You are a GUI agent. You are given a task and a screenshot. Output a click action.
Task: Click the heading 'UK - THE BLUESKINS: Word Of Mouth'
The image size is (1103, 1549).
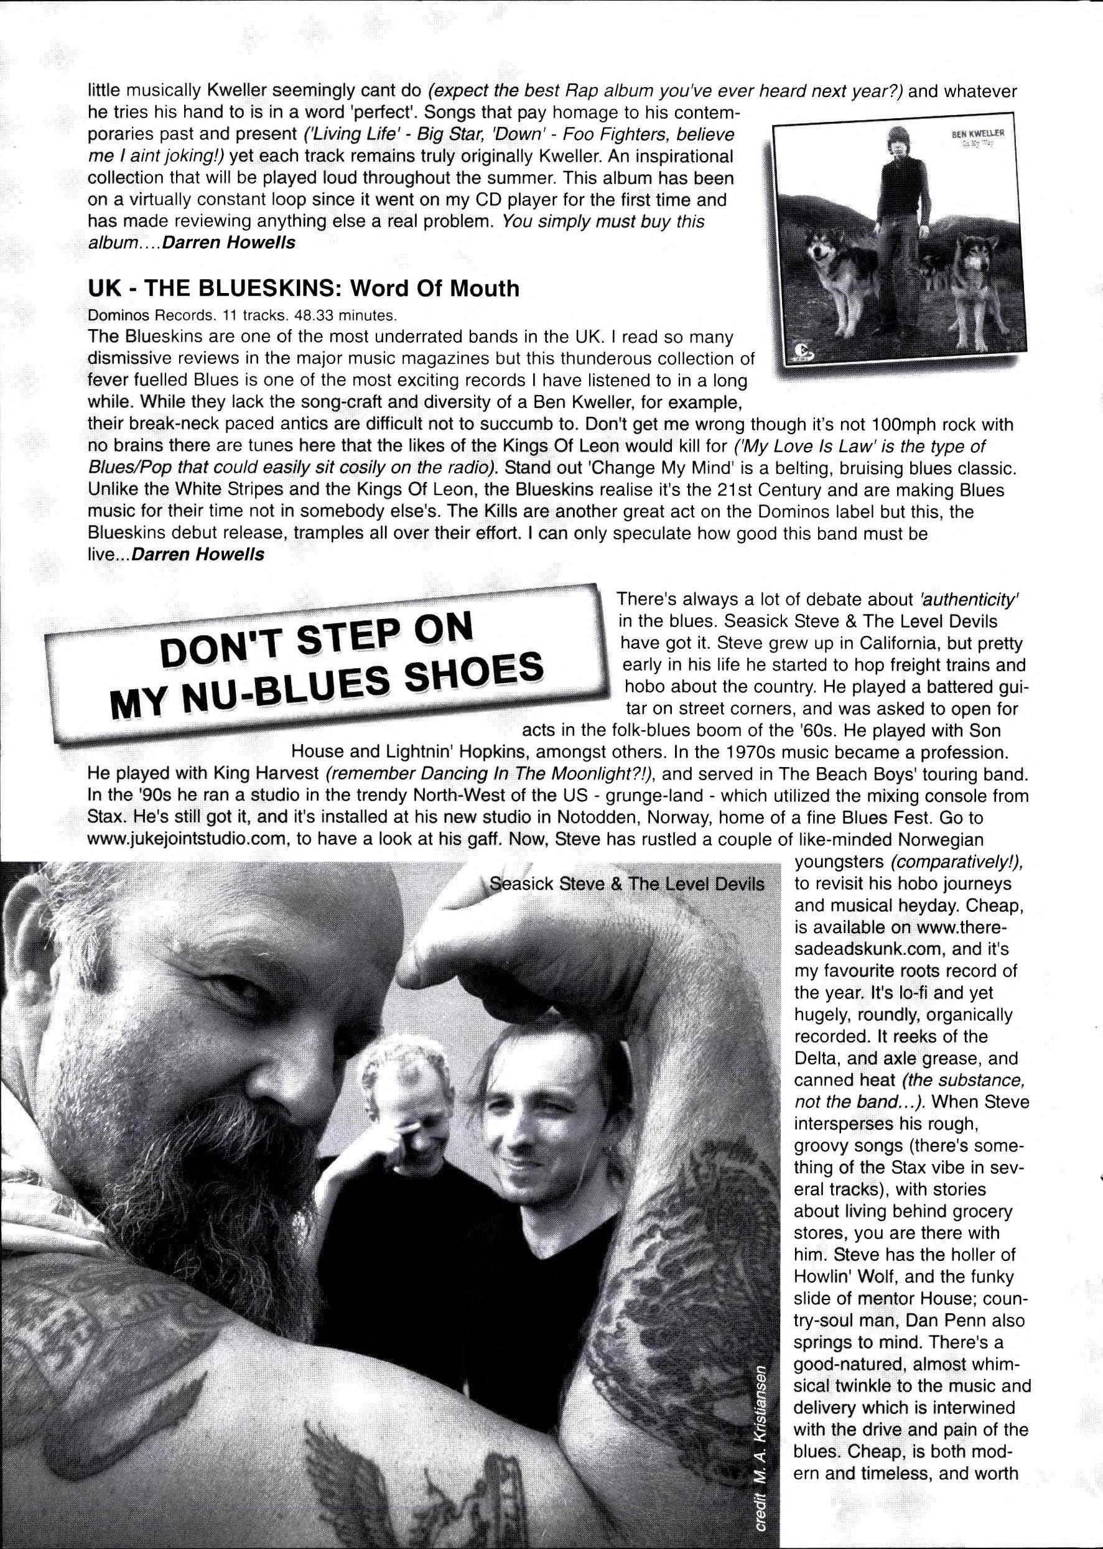point(303,289)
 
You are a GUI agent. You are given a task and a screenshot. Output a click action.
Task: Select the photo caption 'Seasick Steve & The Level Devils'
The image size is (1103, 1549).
point(626,884)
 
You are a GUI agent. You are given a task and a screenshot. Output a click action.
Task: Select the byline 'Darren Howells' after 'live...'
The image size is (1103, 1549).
point(197,555)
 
